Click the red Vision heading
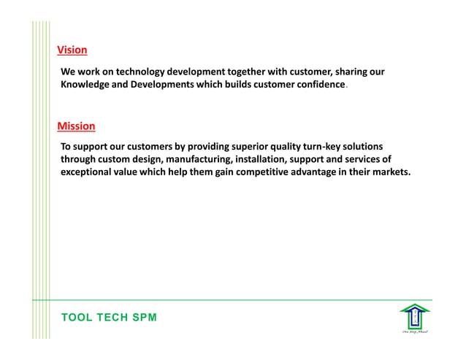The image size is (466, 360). (72, 50)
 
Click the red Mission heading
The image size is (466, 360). (76, 126)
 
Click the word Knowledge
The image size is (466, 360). (87, 85)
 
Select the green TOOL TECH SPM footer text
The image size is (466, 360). (109, 318)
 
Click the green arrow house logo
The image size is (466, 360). (413, 317)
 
